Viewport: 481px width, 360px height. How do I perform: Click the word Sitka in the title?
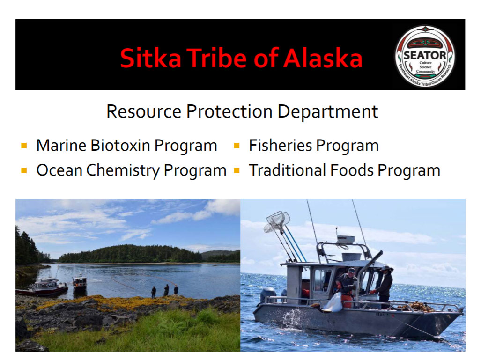click(151, 58)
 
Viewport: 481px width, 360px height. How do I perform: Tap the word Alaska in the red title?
click(323, 58)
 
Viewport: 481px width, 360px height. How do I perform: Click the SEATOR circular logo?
click(425, 56)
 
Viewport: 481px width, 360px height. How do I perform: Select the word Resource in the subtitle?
click(144, 111)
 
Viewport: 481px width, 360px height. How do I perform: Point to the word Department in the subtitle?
click(328, 111)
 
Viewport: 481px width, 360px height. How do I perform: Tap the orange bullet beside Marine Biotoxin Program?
click(24, 145)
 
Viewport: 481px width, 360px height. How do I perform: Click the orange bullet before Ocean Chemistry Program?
click(24, 170)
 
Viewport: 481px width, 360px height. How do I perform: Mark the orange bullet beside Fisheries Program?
click(237, 145)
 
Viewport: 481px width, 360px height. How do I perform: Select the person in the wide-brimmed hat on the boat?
click(384, 286)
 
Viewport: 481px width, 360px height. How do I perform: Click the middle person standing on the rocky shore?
click(166, 290)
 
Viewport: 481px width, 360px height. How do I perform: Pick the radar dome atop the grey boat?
click(346, 239)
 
